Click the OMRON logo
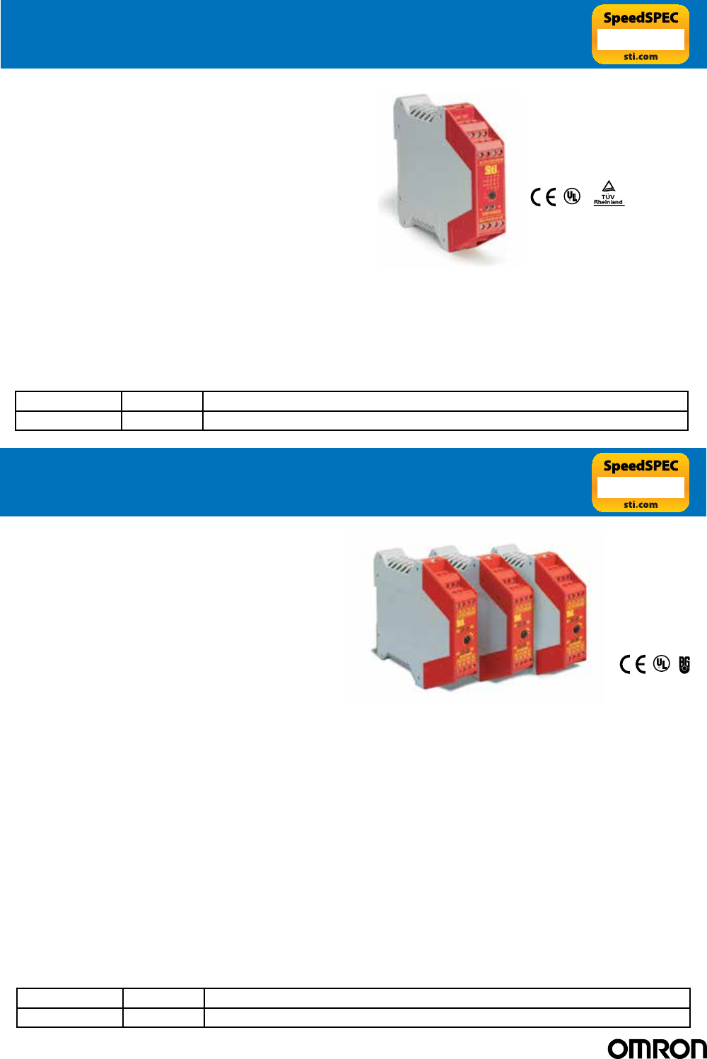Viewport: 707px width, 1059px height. point(657,1048)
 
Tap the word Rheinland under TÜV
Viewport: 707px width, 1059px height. point(608,202)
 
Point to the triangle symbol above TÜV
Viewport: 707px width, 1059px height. point(608,187)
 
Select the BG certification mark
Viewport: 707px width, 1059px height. point(684,664)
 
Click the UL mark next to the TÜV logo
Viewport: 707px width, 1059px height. point(571,196)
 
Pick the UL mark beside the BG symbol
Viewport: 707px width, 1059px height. point(661,663)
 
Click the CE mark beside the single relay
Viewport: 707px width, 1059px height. point(543,196)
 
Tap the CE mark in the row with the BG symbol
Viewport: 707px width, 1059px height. point(633,664)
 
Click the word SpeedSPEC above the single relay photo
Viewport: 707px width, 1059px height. point(641,18)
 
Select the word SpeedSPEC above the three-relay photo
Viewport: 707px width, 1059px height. point(641,466)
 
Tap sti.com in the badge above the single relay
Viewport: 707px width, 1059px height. point(641,57)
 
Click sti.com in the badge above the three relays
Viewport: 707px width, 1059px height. point(641,504)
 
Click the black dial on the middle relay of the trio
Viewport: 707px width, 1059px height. point(523,635)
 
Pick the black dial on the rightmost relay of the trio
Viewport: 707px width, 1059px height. point(576,627)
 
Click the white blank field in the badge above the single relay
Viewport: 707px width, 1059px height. point(641,40)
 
